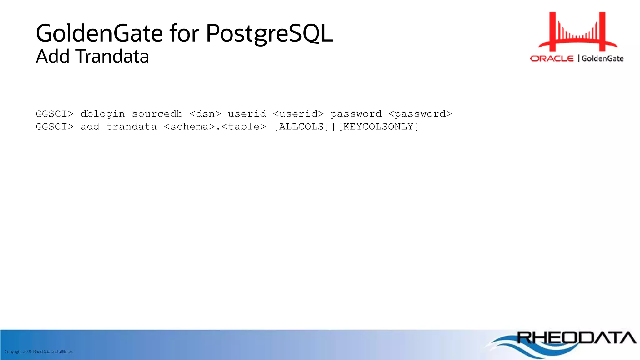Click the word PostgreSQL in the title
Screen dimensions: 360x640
(x=269, y=33)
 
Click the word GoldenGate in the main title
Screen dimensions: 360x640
(x=99, y=33)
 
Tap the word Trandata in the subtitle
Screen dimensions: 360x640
(x=112, y=57)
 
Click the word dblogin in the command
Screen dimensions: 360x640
(x=102, y=114)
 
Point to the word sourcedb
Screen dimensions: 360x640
(x=157, y=114)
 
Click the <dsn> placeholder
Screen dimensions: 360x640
(x=205, y=114)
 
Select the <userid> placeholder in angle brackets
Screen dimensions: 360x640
(x=298, y=114)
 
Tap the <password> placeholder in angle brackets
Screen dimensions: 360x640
(x=420, y=114)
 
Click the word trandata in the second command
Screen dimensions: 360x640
(x=131, y=127)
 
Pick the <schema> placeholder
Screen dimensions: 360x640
(x=189, y=127)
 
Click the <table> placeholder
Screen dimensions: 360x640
(x=244, y=127)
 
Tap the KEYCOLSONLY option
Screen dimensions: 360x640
(x=378, y=127)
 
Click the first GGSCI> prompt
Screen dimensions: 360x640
(x=54, y=114)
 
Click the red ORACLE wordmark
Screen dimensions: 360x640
(x=552, y=58)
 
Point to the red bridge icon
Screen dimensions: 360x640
(x=577, y=31)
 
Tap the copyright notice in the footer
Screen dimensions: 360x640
(x=39, y=352)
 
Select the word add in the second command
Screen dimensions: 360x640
(x=90, y=127)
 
